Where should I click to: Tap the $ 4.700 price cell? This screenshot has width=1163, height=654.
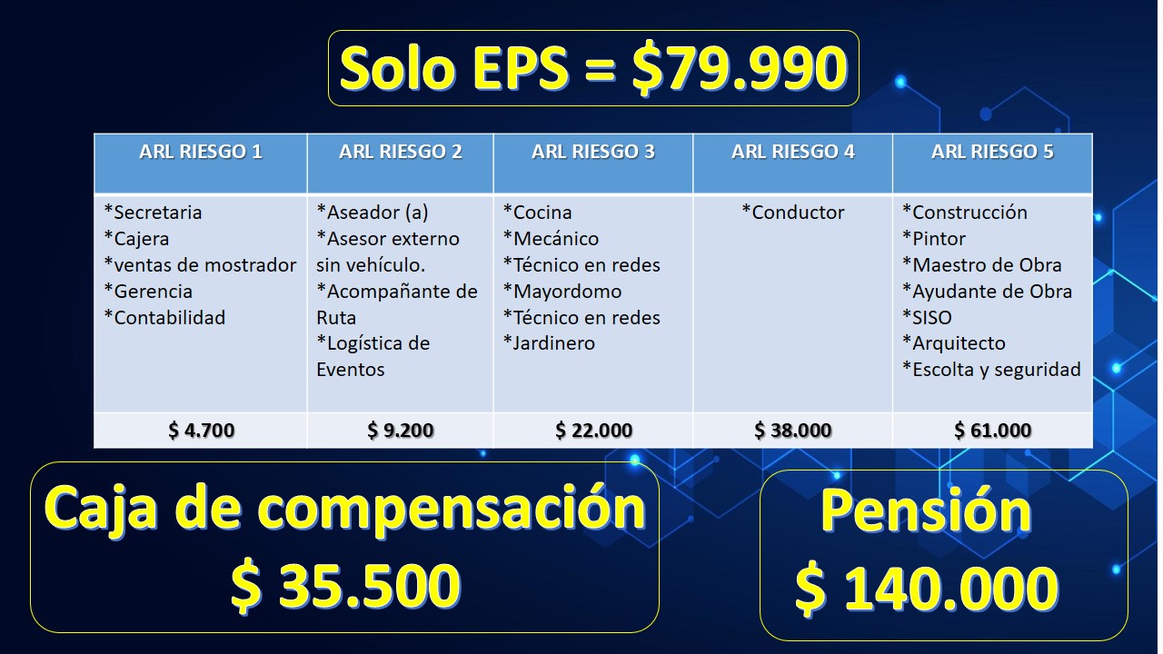[x=201, y=430]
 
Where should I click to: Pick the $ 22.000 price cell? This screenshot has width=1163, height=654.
[x=593, y=430]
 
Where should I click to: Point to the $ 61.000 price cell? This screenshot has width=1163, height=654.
[x=992, y=430]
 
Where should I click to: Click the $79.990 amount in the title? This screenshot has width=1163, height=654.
[x=740, y=68]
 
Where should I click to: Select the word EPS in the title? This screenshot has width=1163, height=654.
[x=520, y=67]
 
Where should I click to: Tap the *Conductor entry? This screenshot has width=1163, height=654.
[x=793, y=213]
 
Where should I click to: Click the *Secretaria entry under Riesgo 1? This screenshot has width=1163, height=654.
[x=153, y=213]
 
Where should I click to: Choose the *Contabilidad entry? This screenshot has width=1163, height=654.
[x=164, y=317]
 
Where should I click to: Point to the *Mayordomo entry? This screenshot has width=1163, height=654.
[x=562, y=292]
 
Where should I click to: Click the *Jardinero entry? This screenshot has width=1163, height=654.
[x=549, y=343]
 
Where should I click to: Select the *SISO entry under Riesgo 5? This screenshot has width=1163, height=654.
[x=927, y=317]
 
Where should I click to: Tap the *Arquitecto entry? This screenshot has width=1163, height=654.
[x=954, y=343]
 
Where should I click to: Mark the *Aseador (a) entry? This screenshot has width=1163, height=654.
[x=373, y=213]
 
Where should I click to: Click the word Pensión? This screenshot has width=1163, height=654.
[x=926, y=510]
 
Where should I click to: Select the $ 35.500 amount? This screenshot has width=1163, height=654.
[x=345, y=584]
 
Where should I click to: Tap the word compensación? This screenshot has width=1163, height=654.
[x=452, y=509]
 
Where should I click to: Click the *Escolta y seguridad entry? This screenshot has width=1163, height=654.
[x=991, y=370]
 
